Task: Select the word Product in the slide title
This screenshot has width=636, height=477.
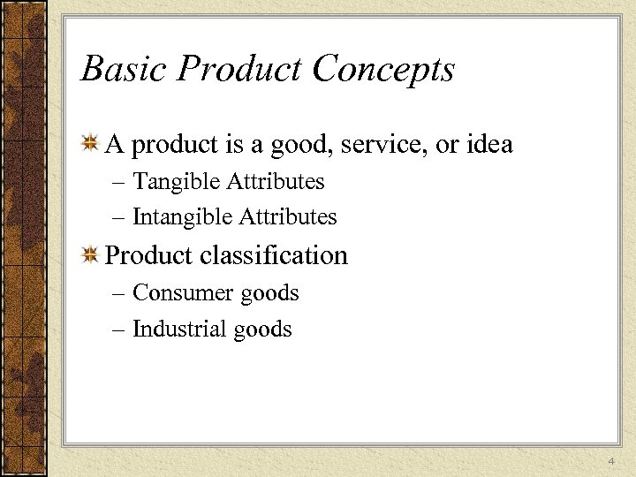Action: pyautogui.click(x=232, y=69)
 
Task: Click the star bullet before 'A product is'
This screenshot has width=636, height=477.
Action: pyautogui.click(x=89, y=143)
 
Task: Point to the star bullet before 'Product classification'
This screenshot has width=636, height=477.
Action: pyautogui.click(x=89, y=255)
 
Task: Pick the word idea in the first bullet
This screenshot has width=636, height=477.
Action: pyautogui.click(x=488, y=144)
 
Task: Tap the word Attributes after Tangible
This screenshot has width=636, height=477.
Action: pyautogui.click(x=276, y=182)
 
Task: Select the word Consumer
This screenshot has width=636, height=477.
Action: pyautogui.click(x=180, y=292)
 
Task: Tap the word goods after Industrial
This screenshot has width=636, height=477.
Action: pyautogui.click(x=262, y=330)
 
